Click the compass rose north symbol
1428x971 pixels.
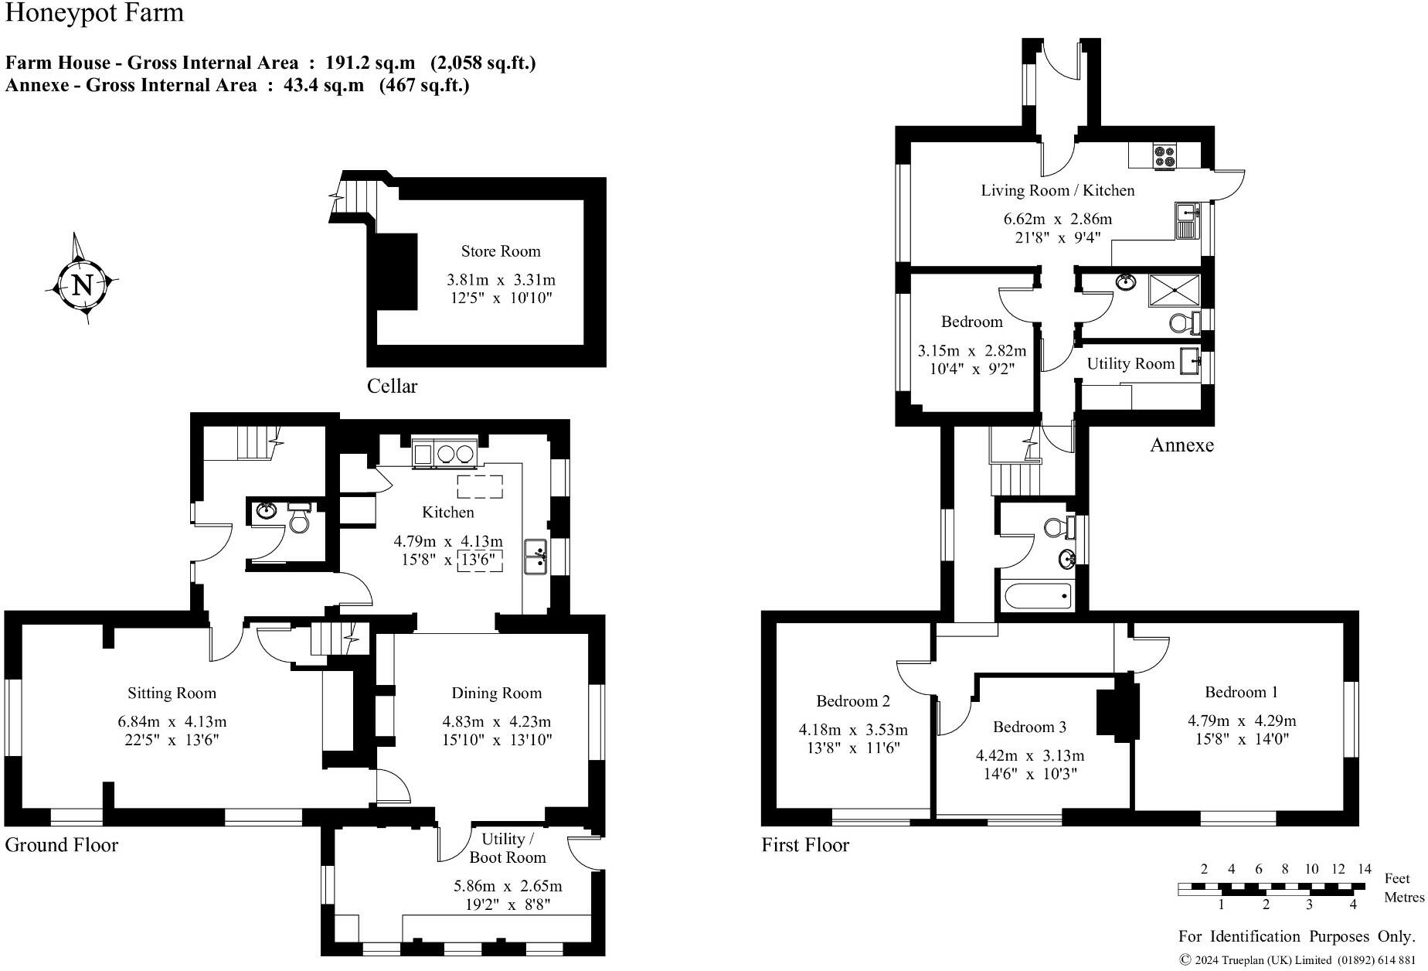(81, 285)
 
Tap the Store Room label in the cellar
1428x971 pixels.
(501, 251)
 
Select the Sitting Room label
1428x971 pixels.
(172, 693)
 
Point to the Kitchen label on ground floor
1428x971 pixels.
(448, 513)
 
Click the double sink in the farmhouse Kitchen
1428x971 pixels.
(535, 557)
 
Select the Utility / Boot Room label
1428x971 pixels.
(507, 848)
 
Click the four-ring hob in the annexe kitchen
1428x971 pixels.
(1164, 157)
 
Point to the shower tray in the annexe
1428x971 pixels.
(1175, 291)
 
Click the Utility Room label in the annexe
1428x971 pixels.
(1130, 364)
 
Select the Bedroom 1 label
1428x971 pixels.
(1241, 692)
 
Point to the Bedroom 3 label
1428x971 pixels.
(1029, 727)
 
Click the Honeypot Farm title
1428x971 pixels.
(94, 13)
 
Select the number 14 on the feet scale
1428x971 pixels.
(1365, 869)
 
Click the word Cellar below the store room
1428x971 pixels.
(392, 387)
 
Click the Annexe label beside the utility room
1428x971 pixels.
(1181, 445)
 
